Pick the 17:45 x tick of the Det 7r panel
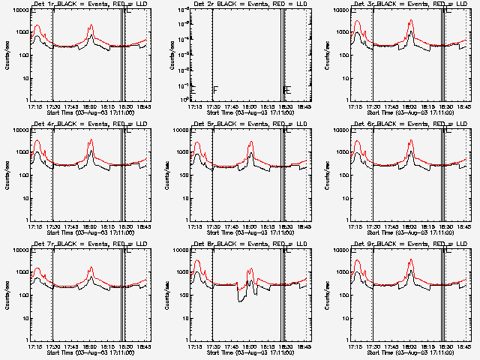coord(70,346)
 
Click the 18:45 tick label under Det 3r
coord(463,106)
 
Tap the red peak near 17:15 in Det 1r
coord(38,25)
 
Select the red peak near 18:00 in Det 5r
coord(250,142)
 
